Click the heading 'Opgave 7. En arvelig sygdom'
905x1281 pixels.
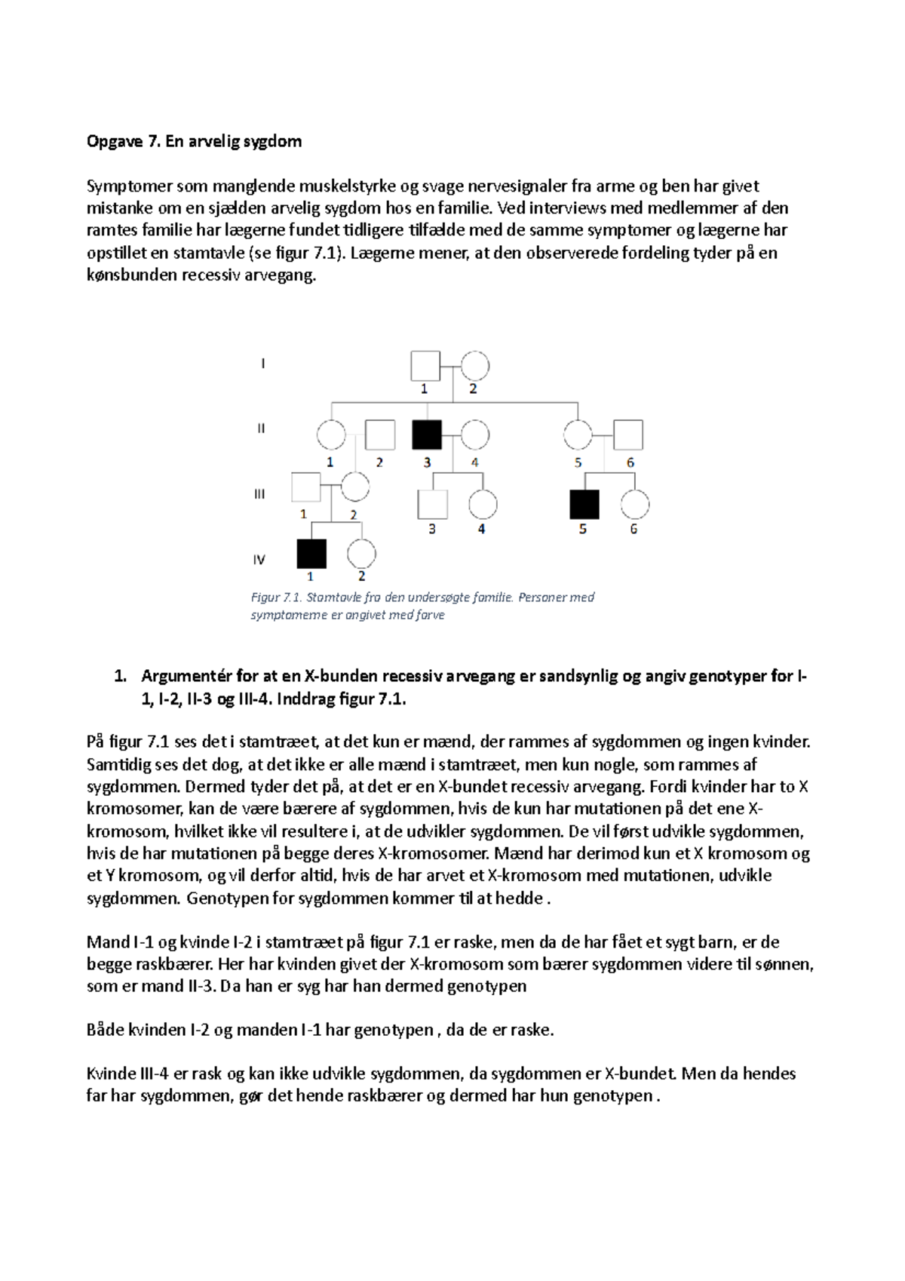(x=194, y=141)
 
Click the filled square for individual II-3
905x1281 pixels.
(x=427, y=435)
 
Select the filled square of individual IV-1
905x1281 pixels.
(x=311, y=554)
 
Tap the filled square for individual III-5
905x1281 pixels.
(x=584, y=505)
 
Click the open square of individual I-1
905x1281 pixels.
(x=425, y=366)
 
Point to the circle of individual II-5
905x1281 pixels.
(x=578, y=435)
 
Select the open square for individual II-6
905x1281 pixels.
(x=628, y=435)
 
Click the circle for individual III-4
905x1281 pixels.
(x=483, y=505)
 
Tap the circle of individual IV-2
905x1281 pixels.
(x=361, y=554)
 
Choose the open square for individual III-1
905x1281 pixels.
(x=305, y=487)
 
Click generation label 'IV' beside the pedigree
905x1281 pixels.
(x=259, y=560)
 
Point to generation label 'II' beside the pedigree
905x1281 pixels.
(x=261, y=428)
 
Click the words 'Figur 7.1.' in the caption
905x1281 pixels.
(x=276, y=597)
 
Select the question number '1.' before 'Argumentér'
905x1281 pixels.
(x=119, y=676)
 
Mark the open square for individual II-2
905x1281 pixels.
(x=380, y=435)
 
